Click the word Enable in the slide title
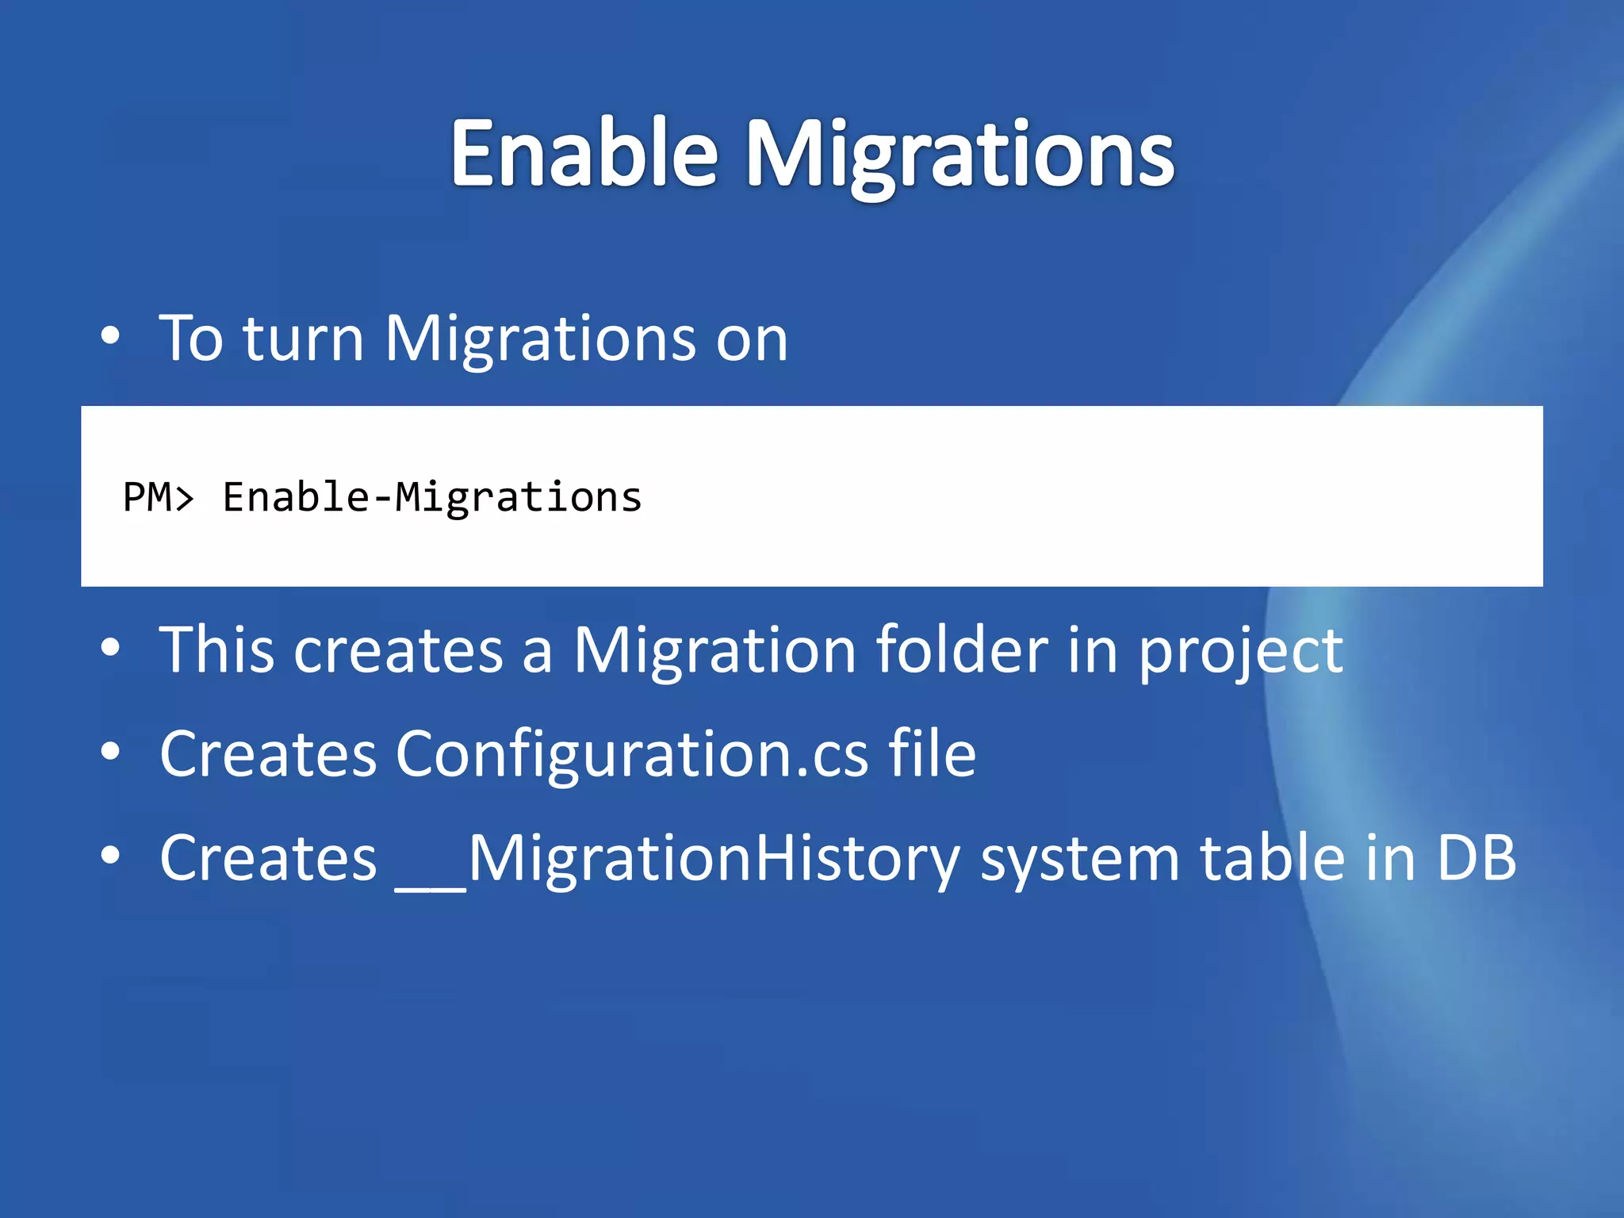point(584,153)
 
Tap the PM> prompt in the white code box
point(158,498)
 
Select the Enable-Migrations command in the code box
point(431,498)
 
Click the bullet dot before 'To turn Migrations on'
point(110,336)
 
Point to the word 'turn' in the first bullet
point(303,339)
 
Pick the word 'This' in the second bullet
point(216,650)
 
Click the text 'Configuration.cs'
point(631,755)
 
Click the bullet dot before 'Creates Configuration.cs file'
point(110,752)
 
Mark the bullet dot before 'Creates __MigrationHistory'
point(110,856)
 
